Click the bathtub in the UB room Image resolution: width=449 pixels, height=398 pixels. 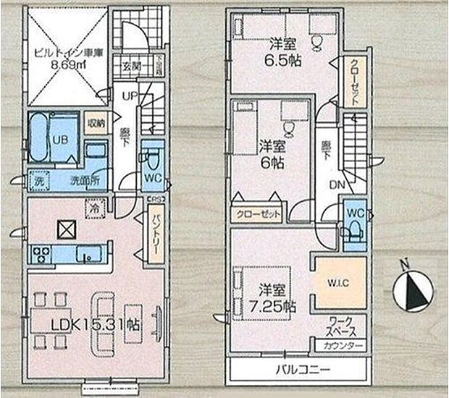click(x=40, y=138)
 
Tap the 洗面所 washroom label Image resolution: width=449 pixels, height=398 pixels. click(x=84, y=180)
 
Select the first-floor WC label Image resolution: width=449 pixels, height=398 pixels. click(x=152, y=178)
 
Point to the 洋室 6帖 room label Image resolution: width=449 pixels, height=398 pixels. click(x=269, y=153)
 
